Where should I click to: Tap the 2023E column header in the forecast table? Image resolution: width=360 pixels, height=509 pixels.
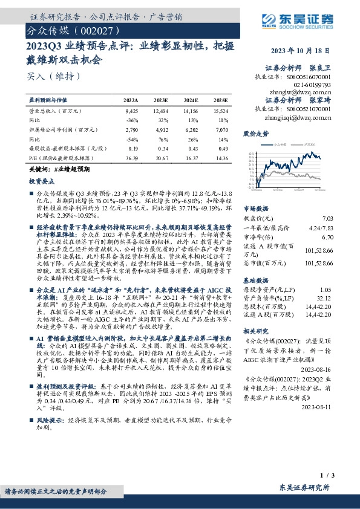161,99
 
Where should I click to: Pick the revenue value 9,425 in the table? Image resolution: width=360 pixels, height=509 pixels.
131,111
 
